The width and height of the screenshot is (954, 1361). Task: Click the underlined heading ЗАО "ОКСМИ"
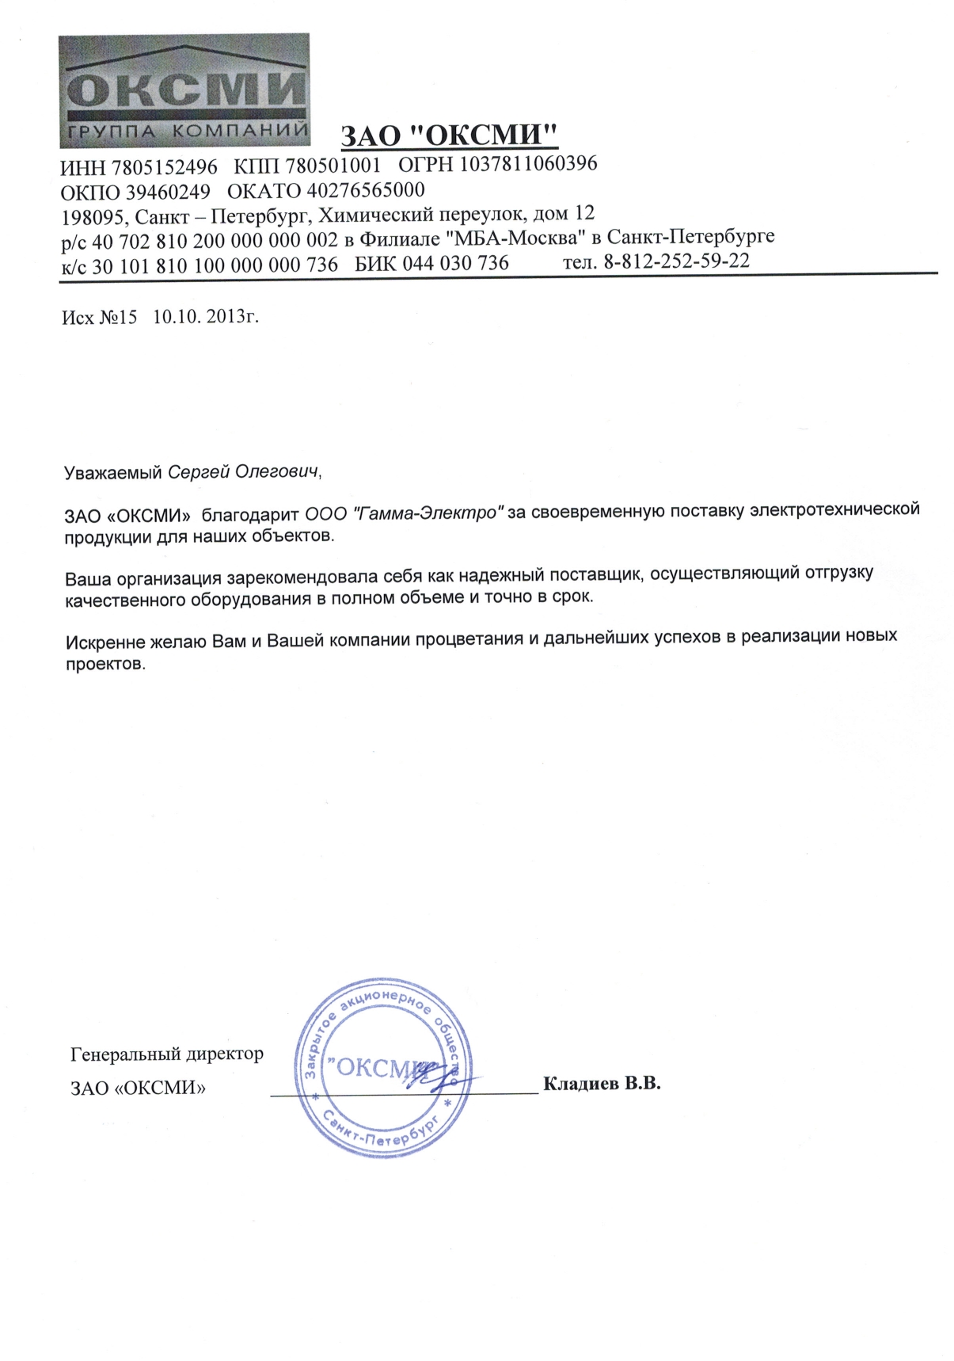point(449,135)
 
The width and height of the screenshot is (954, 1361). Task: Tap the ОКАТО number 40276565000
point(365,190)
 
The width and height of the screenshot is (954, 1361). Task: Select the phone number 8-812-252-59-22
point(676,261)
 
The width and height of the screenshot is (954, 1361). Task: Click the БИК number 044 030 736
point(455,263)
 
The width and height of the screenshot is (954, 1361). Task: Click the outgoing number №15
point(118,317)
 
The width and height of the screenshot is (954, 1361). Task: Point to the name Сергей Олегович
point(243,472)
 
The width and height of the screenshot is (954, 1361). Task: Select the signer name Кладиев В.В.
point(602,1083)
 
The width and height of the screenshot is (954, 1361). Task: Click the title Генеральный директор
point(167,1054)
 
